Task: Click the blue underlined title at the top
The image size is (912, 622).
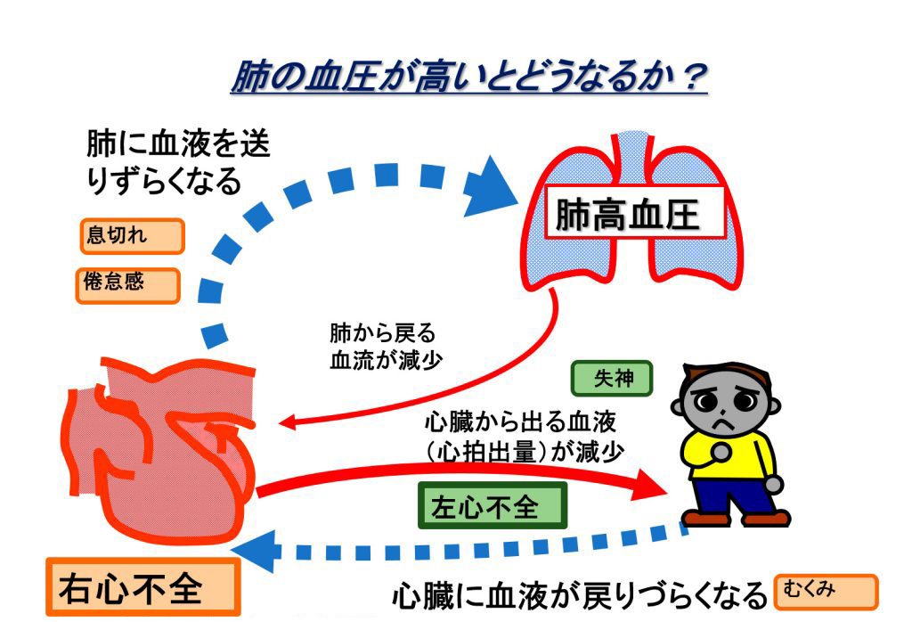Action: [x=468, y=77]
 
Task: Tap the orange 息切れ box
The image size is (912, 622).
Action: [x=132, y=236]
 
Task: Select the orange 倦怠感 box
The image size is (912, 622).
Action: [x=127, y=285]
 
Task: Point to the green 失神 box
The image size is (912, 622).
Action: [x=612, y=379]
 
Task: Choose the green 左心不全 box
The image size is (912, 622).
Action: [x=492, y=505]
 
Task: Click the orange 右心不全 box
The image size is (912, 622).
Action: [x=142, y=586]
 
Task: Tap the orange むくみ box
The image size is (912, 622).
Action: [x=826, y=592]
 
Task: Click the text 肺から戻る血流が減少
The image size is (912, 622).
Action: [x=385, y=347]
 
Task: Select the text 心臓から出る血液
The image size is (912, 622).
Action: [x=520, y=421]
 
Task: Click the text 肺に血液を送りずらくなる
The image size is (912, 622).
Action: [x=178, y=162]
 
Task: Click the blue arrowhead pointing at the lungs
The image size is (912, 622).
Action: [x=490, y=187]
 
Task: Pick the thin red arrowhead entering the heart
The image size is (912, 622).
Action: [x=288, y=423]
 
